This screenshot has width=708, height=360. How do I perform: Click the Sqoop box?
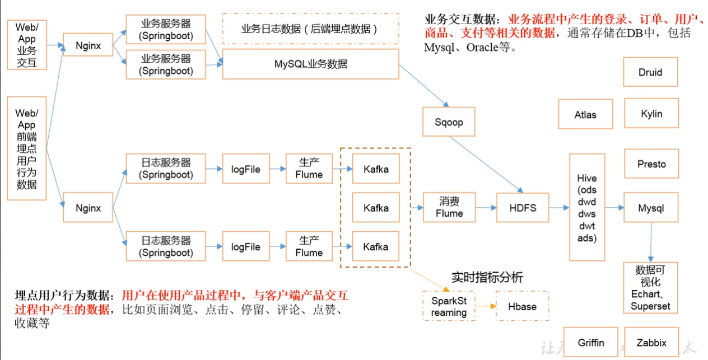click(x=449, y=122)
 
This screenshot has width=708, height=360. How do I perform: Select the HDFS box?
click(x=523, y=208)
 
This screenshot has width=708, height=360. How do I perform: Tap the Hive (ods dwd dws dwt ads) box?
click(x=586, y=208)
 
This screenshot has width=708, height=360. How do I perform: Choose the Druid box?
click(x=650, y=72)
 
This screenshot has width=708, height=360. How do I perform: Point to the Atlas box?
click(x=585, y=114)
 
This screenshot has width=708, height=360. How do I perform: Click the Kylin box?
click(x=651, y=114)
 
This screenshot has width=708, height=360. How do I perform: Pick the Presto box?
click(x=651, y=164)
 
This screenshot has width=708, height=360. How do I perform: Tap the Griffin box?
click(x=591, y=342)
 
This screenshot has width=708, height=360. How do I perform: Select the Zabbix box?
click(x=651, y=342)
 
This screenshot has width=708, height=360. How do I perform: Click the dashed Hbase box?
click(x=522, y=306)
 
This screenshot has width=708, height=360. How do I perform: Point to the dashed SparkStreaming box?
click(x=449, y=306)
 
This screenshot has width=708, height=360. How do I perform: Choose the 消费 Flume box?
click(x=449, y=207)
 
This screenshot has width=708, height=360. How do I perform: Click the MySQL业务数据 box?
click(x=310, y=64)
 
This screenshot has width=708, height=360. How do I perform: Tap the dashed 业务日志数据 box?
click(x=310, y=29)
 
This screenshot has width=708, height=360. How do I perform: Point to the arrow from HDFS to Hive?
click(x=558, y=208)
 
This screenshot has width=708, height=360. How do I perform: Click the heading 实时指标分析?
click(x=487, y=277)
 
